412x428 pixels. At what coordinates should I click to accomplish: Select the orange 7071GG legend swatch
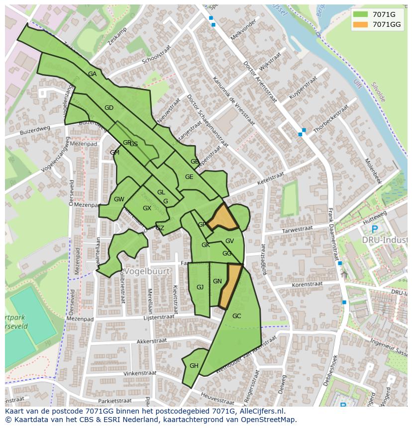[361, 24]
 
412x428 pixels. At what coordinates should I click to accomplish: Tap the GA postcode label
[92, 74]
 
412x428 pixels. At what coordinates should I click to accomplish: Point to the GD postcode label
[109, 108]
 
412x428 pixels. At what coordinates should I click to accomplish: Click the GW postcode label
[119, 199]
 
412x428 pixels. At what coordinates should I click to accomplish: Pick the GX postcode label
[147, 208]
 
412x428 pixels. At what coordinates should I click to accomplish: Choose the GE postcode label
[189, 177]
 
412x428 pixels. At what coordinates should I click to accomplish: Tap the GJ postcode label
[200, 287]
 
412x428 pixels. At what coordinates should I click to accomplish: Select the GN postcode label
[217, 281]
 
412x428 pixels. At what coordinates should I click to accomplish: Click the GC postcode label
[237, 316]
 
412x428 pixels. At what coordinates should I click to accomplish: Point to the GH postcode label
[194, 366]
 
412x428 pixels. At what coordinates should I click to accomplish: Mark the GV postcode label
[229, 241]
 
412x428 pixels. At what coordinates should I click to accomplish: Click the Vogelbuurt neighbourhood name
[147, 272]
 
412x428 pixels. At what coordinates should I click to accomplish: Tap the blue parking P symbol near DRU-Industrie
[374, 229]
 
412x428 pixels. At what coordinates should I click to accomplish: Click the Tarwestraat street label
[297, 229]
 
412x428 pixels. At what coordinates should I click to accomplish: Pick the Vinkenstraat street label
[140, 373]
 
